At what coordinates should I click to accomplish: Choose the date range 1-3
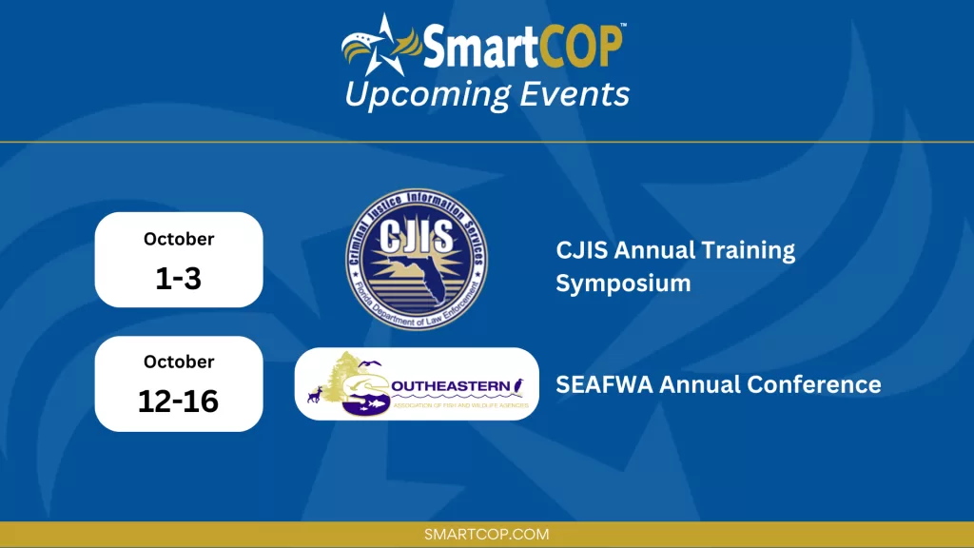click(179, 278)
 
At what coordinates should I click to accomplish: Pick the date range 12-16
click(179, 401)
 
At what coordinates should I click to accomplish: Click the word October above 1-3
click(179, 239)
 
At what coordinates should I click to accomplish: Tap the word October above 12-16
click(179, 362)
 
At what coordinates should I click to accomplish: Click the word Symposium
click(623, 284)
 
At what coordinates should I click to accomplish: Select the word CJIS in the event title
click(582, 251)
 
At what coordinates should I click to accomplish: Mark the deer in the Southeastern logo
click(314, 394)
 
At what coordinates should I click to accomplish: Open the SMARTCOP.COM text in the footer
click(487, 535)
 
